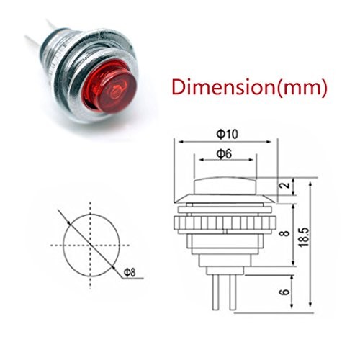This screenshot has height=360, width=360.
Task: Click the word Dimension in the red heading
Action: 226,89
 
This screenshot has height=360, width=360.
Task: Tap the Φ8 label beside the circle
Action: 130,272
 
